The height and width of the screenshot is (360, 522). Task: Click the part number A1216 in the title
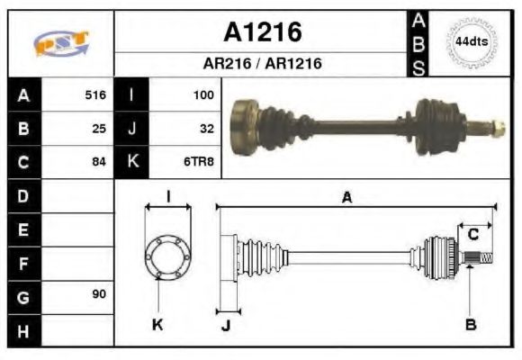click(x=262, y=33)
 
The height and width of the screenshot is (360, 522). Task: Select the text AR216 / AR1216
click(x=262, y=64)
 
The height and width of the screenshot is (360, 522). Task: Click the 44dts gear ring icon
click(x=472, y=42)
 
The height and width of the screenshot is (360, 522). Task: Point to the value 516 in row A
click(x=94, y=94)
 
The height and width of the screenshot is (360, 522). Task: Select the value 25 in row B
click(x=99, y=128)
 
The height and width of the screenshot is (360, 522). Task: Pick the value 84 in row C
click(x=99, y=162)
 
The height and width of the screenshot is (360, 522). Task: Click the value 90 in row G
click(x=99, y=294)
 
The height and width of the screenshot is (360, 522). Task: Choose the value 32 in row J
click(x=206, y=128)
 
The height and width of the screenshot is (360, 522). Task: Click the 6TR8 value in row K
click(x=199, y=162)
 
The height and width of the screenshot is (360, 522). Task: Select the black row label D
click(x=22, y=195)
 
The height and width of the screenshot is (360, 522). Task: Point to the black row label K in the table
click(x=132, y=162)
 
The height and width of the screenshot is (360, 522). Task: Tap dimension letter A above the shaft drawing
click(x=346, y=198)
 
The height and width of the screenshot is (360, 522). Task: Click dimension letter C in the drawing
click(x=472, y=235)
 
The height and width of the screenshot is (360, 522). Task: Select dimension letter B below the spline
click(x=470, y=324)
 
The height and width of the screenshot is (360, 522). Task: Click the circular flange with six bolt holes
click(x=168, y=258)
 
